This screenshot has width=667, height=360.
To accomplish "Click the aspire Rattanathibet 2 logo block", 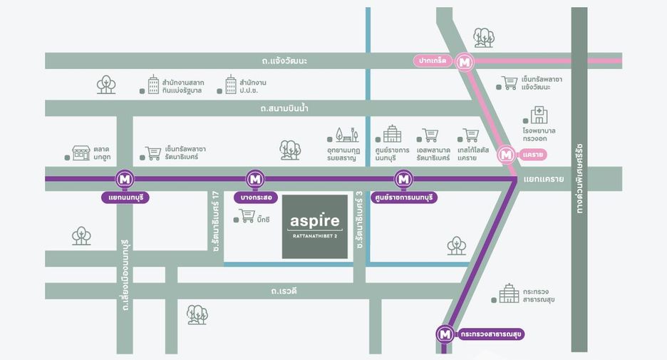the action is (315, 227).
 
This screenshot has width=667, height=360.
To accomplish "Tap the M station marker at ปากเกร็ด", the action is (464, 62).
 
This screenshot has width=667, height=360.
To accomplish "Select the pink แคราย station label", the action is (532, 155).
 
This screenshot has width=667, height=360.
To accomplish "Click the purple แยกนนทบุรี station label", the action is (125, 198).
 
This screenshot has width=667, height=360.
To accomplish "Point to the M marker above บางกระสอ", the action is (255, 179).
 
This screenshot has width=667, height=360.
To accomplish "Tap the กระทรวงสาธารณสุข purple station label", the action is (490, 334).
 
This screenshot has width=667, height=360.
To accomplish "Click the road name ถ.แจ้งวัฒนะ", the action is (284, 61).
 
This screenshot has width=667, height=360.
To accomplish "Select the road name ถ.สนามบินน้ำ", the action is (284, 108).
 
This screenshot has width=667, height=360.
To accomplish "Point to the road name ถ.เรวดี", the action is (284, 291).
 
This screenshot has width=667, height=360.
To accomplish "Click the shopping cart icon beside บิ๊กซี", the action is (247, 216).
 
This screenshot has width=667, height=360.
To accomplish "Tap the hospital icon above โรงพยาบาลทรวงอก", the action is (539, 115).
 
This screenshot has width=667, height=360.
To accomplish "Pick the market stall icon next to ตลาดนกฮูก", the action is (81, 153).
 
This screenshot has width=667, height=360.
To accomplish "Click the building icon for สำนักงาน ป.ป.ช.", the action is (231, 85).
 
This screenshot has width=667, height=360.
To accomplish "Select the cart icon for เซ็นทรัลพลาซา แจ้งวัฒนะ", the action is (510, 83).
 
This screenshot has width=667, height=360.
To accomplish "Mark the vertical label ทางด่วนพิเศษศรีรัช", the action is (579, 179).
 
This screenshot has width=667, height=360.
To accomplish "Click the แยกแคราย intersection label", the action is (544, 179).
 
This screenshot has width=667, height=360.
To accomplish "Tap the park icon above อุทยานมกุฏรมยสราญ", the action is (347, 135).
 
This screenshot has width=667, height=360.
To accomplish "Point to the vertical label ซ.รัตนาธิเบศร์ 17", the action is (216, 221).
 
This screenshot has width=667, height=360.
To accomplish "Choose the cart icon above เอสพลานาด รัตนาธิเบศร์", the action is (430, 135).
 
